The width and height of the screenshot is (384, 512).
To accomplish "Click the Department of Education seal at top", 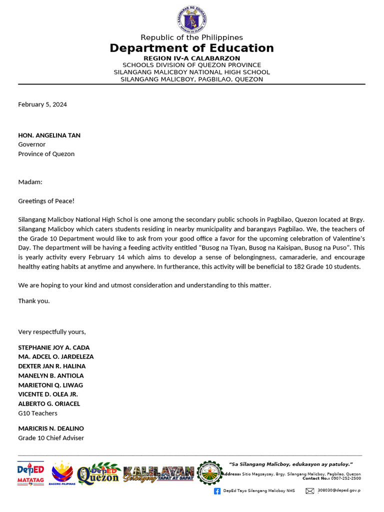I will click(x=191, y=20).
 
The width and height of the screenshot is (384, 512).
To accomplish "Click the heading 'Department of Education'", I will click(x=191, y=48).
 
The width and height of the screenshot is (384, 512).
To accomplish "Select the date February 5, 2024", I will click(x=42, y=104).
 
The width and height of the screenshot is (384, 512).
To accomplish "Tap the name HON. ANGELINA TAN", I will click(x=49, y=135).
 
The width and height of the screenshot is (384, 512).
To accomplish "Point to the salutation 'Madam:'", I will click(x=30, y=182).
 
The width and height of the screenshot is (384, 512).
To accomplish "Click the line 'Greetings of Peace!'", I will click(x=46, y=201).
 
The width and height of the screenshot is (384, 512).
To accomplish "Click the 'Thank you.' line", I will click(x=34, y=301).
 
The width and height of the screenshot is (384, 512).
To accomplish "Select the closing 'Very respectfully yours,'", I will click(x=52, y=332).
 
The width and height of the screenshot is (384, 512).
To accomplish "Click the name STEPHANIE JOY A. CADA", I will click(x=54, y=347).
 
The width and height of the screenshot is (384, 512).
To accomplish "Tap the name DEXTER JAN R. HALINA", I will click(x=52, y=366).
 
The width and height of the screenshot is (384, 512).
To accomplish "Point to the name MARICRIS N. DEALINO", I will click(x=51, y=428).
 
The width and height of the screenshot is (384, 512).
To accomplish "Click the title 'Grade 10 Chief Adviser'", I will click(x=51, y=438).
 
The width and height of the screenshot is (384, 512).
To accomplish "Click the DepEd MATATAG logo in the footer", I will click(x=30, y=473).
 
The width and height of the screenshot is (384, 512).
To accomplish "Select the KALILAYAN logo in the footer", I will click(x=158, y=473).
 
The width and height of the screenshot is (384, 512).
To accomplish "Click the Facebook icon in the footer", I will click(x=217, y=491).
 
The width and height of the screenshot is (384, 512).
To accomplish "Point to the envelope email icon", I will click(x=310, y=491).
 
